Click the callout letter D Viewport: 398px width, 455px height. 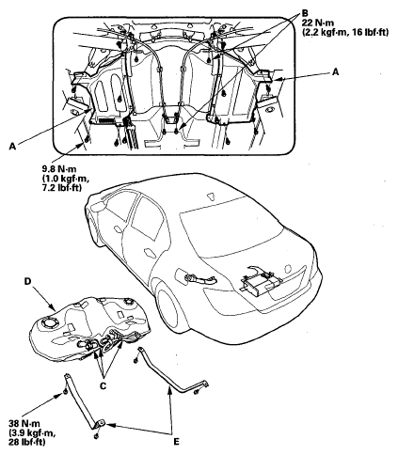tap(28, 281)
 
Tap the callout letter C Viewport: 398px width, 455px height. tap(103, 385)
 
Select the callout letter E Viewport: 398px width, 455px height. tap(176, 442)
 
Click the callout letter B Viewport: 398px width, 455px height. tap(305, 13)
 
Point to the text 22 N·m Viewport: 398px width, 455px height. tap(318, 23)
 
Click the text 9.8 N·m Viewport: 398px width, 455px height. tap(59, 169)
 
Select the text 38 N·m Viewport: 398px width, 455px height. tap(24, 424)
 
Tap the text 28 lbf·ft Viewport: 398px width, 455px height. tap(27, 442)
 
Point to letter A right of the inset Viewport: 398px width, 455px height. tap(336, 72)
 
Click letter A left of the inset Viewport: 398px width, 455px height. tap(12, 147)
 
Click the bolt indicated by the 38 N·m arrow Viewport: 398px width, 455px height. tap(64, 392)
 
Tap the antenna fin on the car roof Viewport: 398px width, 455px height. tap(211, 196)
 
